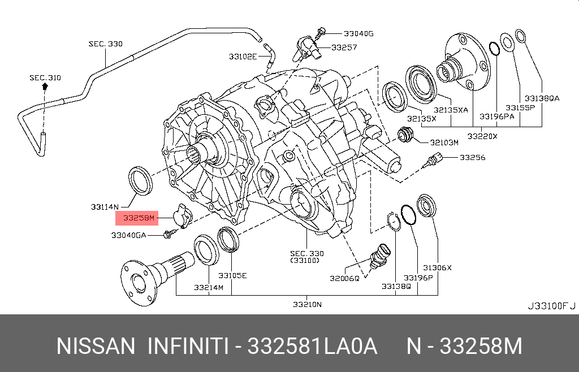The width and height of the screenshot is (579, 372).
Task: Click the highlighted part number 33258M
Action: [x=139, y=218]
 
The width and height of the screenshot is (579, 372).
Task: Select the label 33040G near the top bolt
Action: [x=358, y=33]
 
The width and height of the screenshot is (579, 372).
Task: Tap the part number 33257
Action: [x=344, y=47]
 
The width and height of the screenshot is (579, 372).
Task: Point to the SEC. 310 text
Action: [x=45, y=77]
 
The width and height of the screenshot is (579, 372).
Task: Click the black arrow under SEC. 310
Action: [x=45, y=86]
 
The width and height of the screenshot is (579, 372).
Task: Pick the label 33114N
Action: [x=105, y=207]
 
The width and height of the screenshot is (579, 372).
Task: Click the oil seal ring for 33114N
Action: [x=140, y=181]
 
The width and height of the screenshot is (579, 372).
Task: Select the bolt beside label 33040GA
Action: [x=170, y=233]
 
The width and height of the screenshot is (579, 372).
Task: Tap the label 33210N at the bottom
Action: [x=307, y=305]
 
